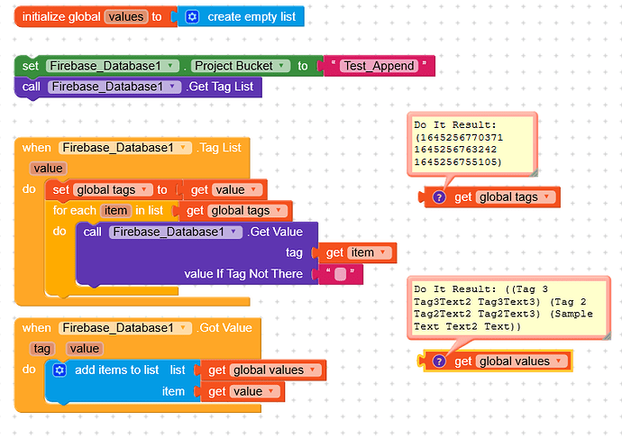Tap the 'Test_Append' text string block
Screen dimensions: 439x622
[379, 66]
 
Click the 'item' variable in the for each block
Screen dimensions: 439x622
[116, 210]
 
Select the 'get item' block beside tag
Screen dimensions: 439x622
[359, 253]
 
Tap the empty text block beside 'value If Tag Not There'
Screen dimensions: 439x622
[340, 274]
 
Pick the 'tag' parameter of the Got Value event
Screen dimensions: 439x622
[42, 348]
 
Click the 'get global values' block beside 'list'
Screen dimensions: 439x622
[265, 370]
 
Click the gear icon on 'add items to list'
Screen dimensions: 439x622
[59, 370]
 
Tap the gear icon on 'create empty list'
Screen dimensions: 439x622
[192, 17]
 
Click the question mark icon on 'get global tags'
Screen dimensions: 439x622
[439, 197]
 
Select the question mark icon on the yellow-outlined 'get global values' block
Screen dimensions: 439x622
[439, 361]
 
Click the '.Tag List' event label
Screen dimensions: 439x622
[219, 147]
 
